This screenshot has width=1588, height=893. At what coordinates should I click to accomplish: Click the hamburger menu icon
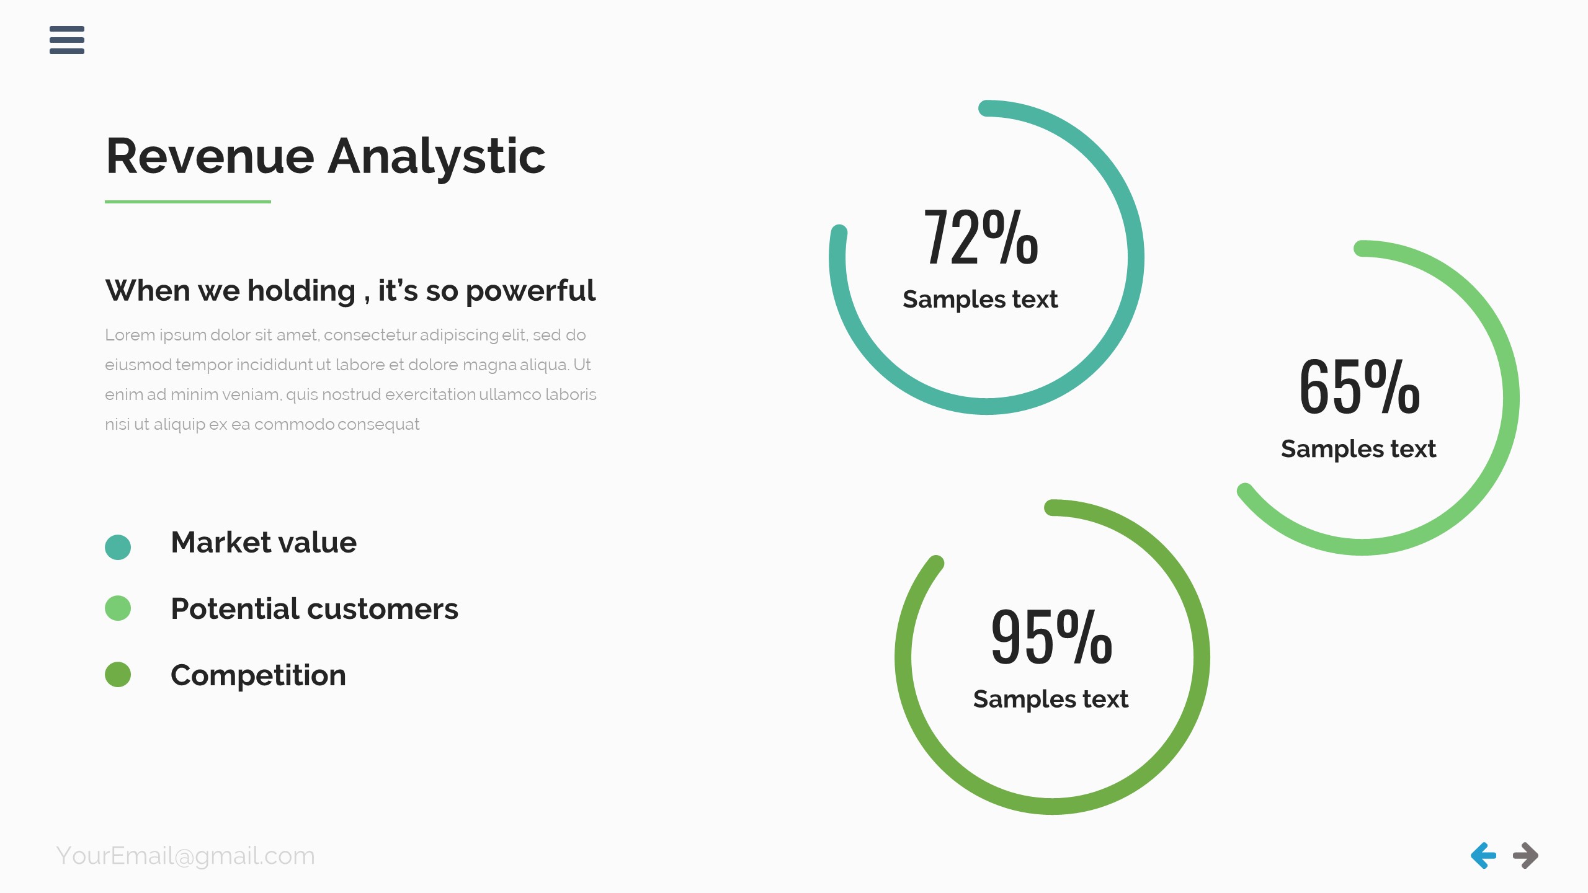point(67,40)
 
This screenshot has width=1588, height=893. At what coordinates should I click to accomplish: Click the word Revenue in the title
point(210,156)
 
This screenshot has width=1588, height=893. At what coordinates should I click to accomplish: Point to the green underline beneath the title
point(187,202)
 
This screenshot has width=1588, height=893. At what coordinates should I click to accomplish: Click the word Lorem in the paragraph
point(129,335)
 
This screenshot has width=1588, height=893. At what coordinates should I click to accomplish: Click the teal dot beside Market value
point(118,547)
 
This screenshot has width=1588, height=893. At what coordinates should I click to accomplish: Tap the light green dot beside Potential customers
point(118,608)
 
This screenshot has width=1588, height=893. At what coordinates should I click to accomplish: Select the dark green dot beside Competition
point(118,674)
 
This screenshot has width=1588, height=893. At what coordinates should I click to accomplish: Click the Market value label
point(264,543)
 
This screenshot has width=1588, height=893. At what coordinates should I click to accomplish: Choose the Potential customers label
point(314,609)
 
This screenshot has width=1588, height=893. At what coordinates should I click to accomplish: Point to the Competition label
point(258,675)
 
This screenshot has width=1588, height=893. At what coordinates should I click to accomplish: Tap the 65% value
point(1358,388)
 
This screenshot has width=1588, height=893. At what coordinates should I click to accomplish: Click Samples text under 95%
point(1050,699)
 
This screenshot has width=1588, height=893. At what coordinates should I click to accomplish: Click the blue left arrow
point(1483,856)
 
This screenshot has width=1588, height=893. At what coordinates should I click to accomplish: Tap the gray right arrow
point(1525,856)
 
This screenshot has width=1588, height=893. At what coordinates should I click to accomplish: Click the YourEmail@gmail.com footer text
point(185,856)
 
